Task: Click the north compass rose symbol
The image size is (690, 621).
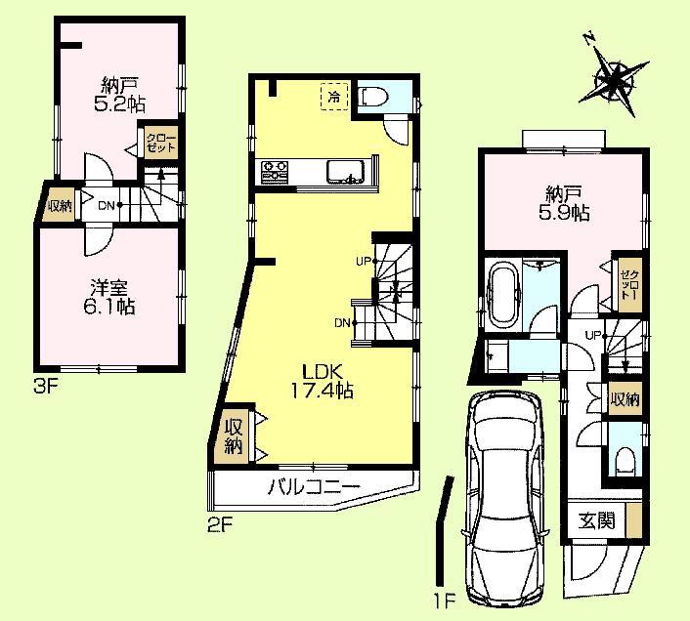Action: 615,81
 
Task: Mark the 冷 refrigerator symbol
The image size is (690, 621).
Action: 334,97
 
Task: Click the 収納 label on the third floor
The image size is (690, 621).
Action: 59,205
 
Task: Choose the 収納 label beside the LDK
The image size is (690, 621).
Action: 233,435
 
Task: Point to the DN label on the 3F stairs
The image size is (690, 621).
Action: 109,204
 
